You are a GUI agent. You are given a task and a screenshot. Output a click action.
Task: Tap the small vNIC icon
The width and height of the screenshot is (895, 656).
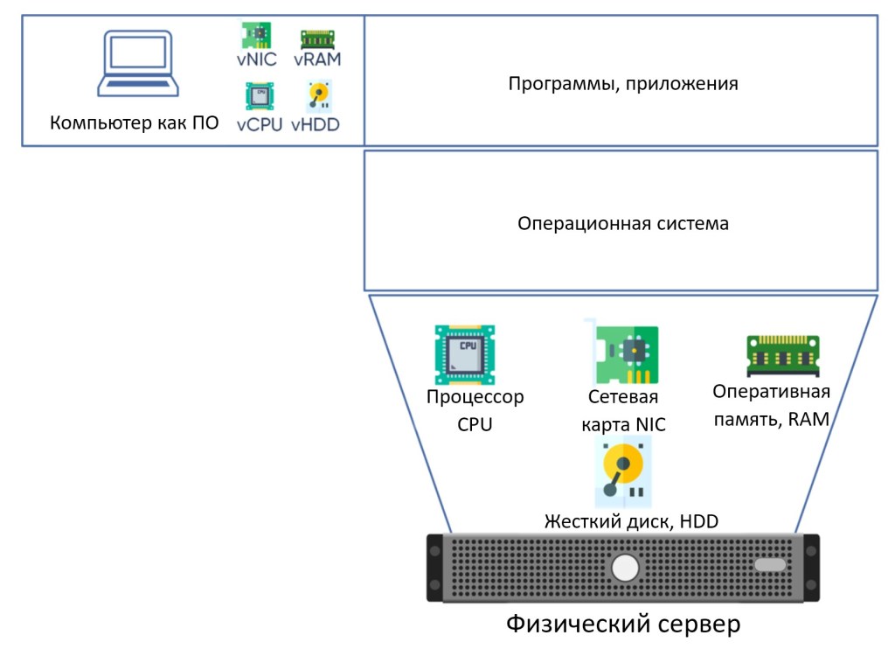coord(256,35)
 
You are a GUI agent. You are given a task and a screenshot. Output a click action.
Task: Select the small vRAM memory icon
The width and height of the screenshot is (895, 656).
coord(317,39)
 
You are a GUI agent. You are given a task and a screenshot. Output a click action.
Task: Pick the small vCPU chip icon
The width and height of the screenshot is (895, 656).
coord(259,94)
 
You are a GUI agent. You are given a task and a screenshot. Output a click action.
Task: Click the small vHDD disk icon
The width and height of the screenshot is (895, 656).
coord(317,94)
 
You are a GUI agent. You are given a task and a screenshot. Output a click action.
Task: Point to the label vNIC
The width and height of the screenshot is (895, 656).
coord(256,59)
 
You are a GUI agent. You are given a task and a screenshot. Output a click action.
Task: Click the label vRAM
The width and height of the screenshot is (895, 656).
coord(316,59)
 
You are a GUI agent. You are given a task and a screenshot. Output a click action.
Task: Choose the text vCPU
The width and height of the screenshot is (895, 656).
coord(260,124)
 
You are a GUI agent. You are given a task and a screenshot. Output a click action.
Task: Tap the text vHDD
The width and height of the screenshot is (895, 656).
coord(316,124)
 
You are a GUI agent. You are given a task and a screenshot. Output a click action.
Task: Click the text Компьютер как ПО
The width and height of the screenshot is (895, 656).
coord(134,122)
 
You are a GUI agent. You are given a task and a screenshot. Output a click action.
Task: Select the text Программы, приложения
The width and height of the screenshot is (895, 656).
coord(622,84)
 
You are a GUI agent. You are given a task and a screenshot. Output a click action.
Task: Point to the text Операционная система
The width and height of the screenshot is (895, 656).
coord(622,223)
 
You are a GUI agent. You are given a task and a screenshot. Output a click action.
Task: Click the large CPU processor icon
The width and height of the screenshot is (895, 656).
coord(465,354)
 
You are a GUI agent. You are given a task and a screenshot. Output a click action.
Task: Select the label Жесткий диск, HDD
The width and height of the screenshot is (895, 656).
coord(631,522)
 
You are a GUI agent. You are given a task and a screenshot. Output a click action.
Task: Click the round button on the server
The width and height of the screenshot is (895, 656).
coord(626,569)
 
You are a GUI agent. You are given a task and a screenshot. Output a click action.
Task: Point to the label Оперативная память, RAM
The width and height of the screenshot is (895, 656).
coord(771,405)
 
